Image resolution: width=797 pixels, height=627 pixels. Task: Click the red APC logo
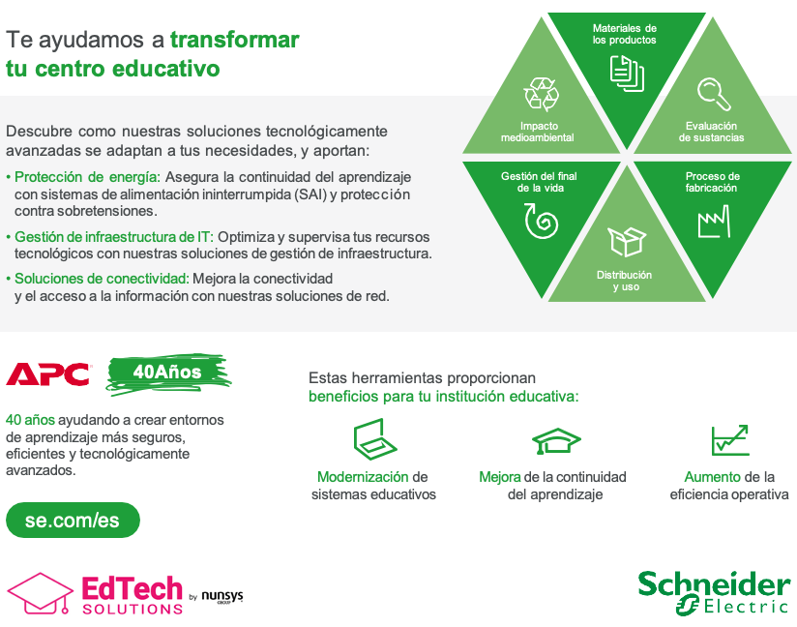click(x=48, y=373)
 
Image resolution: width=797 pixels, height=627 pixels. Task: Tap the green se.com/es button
click(x=73, y=521)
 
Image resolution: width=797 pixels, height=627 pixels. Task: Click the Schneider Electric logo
click(x=714, y=593)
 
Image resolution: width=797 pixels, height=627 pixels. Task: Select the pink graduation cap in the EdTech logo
click(x=40, y=593)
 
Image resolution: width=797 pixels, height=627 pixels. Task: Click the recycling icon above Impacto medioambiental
click(x=541, y=94)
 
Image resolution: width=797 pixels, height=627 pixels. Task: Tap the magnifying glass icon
click(x=714, y=94)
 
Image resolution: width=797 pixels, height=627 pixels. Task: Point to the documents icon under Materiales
click(x=627, y=74)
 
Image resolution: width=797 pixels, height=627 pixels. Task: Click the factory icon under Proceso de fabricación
click(x=714, y=222)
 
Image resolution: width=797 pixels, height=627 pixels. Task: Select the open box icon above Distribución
click(x=627, y=242)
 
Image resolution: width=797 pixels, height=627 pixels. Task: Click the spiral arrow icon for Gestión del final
click(x=541, y=221)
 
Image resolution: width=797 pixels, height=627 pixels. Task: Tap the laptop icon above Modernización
click(x=374, y=439)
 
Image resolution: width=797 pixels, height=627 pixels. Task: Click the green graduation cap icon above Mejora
click(x=556, y=440)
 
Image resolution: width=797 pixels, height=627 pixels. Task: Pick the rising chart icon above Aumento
click(x=730, y=440)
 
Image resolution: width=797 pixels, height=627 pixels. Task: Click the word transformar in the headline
click(x=234, y=40)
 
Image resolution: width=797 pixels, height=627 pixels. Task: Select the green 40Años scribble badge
click(x=168, y=373)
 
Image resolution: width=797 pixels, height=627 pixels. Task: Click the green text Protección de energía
click(x=87, y=177)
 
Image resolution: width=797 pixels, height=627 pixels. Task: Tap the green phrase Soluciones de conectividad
click(x=102, y=279)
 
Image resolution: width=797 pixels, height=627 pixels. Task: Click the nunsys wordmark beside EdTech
click(x=222, y=596)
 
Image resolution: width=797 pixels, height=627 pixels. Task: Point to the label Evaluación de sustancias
click(x=711, y=132)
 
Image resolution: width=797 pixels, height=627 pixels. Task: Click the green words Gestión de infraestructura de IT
click(x=114, y=237)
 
